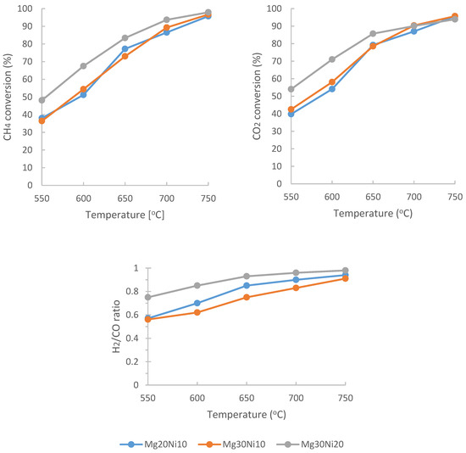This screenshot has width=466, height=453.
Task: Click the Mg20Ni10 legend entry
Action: click(153, 445)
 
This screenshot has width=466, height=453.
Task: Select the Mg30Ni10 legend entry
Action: click(232, 445)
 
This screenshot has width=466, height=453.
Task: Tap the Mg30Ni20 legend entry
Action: click(310, 445)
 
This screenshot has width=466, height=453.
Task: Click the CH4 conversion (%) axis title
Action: click(8, 97)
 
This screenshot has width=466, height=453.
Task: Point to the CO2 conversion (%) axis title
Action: click(257, 97)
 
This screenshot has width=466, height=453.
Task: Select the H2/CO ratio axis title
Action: click(116, 327)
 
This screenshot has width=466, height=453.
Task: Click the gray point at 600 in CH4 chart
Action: click(84, 66)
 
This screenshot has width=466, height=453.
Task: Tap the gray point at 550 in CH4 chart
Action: click(42, 100)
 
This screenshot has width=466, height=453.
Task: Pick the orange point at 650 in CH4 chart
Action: click(125, 56)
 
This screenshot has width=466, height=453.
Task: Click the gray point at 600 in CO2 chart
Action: click(332, 59)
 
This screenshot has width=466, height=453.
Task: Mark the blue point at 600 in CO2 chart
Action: click(332, 89)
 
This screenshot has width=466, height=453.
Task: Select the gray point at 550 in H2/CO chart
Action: click(147, 297)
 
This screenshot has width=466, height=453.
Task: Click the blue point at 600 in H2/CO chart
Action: click(197, 303)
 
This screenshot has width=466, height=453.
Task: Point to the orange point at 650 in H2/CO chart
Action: click(247, 297)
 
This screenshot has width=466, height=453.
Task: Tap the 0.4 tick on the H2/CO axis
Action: click(132, 338)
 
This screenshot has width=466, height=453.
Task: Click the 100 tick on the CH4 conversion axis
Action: click(25, 8)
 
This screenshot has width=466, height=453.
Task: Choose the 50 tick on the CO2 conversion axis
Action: click(277, 96)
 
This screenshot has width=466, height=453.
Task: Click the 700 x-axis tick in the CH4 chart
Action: click(167, 199)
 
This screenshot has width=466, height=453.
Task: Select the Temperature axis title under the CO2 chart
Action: click(373, 214)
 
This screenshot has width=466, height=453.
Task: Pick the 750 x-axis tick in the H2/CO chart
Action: click(346, 398)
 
